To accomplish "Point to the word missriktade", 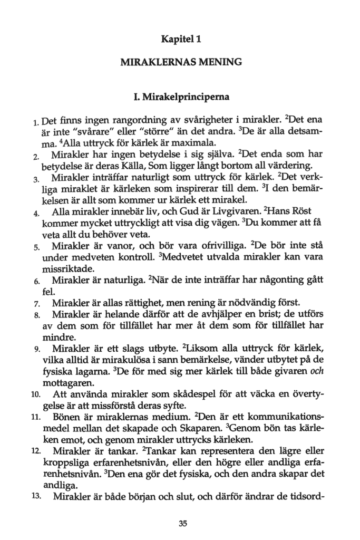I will pyautogui.click(x=64, y=269).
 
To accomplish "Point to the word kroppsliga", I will pyautogui.click(x=64, y=463).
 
